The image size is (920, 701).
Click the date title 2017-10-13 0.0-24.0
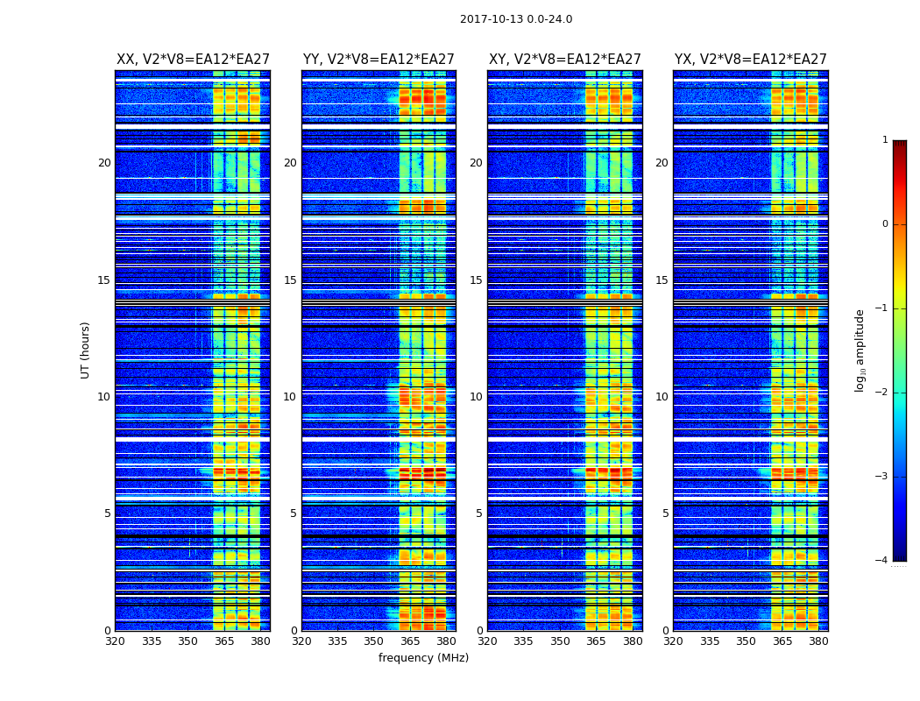(516, 19)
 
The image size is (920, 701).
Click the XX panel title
(193, 60)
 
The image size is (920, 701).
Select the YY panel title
(379, 60)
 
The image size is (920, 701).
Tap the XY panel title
(564, 60)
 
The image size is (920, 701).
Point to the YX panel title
(750, 60)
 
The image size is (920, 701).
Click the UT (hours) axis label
(86, 350)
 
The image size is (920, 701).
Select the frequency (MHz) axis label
(423, 658)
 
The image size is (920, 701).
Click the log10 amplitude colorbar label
(860, 350)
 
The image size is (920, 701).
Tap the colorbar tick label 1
(885, 140)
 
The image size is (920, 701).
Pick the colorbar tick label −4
(882, 561)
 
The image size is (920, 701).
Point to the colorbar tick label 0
(885, 224)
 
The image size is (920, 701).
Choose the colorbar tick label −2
(882, 393)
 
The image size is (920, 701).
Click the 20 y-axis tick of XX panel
(104, 163)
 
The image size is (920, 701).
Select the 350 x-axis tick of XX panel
(188, 641)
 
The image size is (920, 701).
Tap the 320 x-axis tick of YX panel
(674, 641)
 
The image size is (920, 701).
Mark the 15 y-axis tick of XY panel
(476, 280)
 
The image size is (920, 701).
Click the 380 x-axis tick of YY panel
(446, 641)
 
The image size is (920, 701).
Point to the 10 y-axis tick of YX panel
(662, 397)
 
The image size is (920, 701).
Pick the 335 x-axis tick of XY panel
(524, 641)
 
